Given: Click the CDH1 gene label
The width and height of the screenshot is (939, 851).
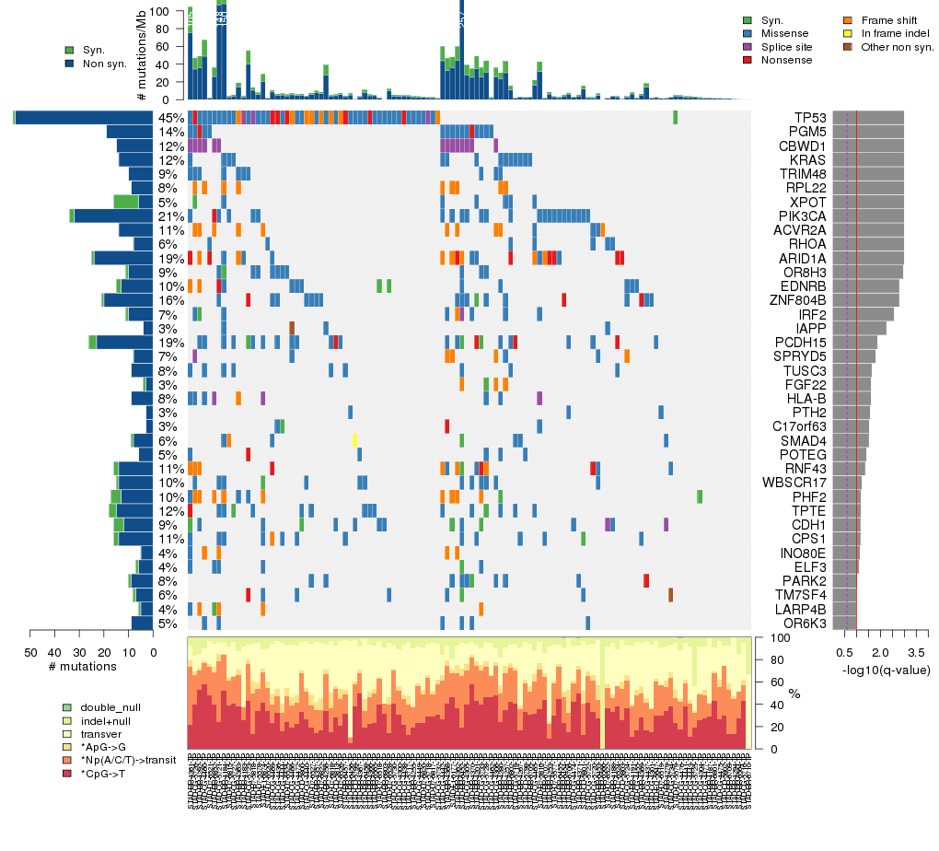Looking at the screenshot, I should pos(807,525).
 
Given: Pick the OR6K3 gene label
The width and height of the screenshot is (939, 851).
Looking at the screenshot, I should pos(806,624).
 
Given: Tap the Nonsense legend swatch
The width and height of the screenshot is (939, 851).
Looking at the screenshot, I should pos(748,60).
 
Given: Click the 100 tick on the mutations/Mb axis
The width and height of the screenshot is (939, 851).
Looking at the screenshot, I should pos(171,11).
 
